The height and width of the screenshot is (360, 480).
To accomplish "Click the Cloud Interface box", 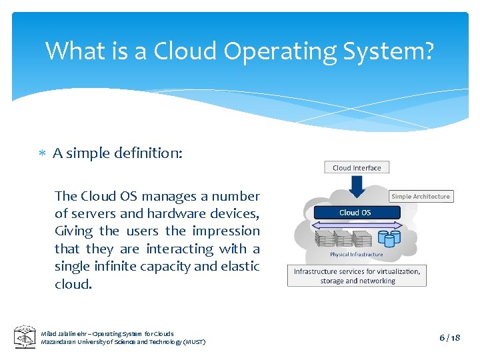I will coord(357,167).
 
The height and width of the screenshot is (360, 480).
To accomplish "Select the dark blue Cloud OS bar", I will coord(355,213).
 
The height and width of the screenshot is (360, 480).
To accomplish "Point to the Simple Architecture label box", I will coord(421,196).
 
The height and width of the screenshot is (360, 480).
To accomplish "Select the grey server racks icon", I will coord(343,239).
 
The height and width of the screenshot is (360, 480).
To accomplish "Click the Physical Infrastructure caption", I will coord(356,254).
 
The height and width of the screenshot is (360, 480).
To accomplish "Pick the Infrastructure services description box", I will coord(357,276).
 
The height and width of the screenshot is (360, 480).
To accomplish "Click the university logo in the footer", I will coord(25,337).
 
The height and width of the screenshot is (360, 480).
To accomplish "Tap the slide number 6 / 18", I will coord(450,338).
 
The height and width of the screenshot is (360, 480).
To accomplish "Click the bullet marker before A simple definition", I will coord(41,154).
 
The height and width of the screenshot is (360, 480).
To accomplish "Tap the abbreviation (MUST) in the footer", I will coord(193,342).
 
